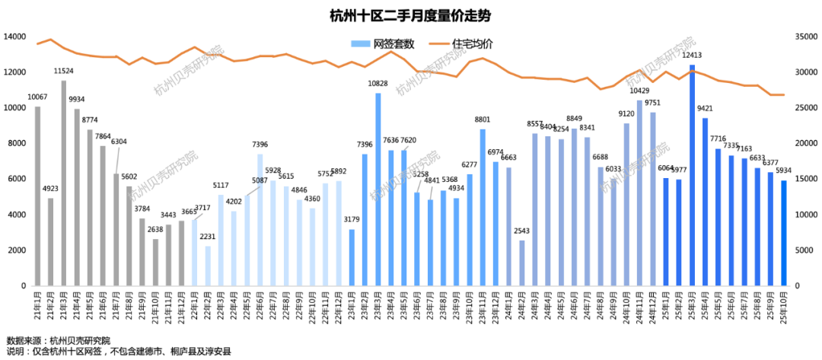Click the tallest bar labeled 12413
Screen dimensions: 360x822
(x=692, y=175)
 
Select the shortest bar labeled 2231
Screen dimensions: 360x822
(x=208, y=266)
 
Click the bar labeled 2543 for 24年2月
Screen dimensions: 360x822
(x=522, y=263)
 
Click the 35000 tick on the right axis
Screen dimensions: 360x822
(x=804, y=37)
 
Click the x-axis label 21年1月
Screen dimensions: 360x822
(x=38, y=306)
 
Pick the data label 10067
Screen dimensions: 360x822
(x=37, y=97)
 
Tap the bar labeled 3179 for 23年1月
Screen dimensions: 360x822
(x=352, y=257)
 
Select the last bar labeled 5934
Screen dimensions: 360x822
(x=784, y=233)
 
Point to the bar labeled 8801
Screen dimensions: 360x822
(x=483, y=207)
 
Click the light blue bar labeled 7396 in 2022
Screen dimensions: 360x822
(x=260, y=220)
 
